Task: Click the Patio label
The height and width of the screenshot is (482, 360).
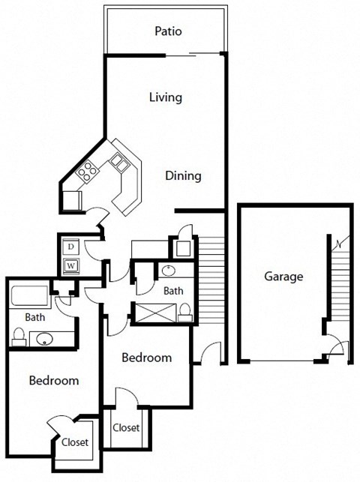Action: point(168,31)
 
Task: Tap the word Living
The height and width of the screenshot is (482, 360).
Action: point(166,97)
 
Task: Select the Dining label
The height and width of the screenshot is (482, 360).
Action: point(184,176)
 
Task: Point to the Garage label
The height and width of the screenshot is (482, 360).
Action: point(283,276)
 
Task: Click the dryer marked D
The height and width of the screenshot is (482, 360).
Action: point(70,246)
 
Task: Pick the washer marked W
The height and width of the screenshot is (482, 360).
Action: point(70,264)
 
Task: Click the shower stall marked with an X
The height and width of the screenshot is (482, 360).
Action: point(156,310)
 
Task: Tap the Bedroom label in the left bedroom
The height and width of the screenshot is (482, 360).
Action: point(53,381)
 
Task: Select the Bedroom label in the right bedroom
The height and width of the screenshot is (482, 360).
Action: point(146,358)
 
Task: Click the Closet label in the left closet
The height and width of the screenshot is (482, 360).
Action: point(75,442)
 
